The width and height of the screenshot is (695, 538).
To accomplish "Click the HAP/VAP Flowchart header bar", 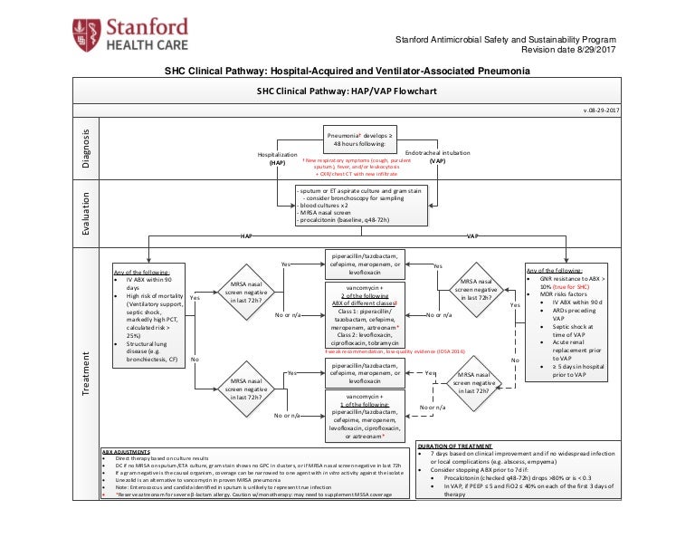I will pos(347,92).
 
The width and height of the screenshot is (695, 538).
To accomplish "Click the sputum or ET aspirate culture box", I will pos(360,206).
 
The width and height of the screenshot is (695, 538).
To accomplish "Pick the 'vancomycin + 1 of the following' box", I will pos(360,414).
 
